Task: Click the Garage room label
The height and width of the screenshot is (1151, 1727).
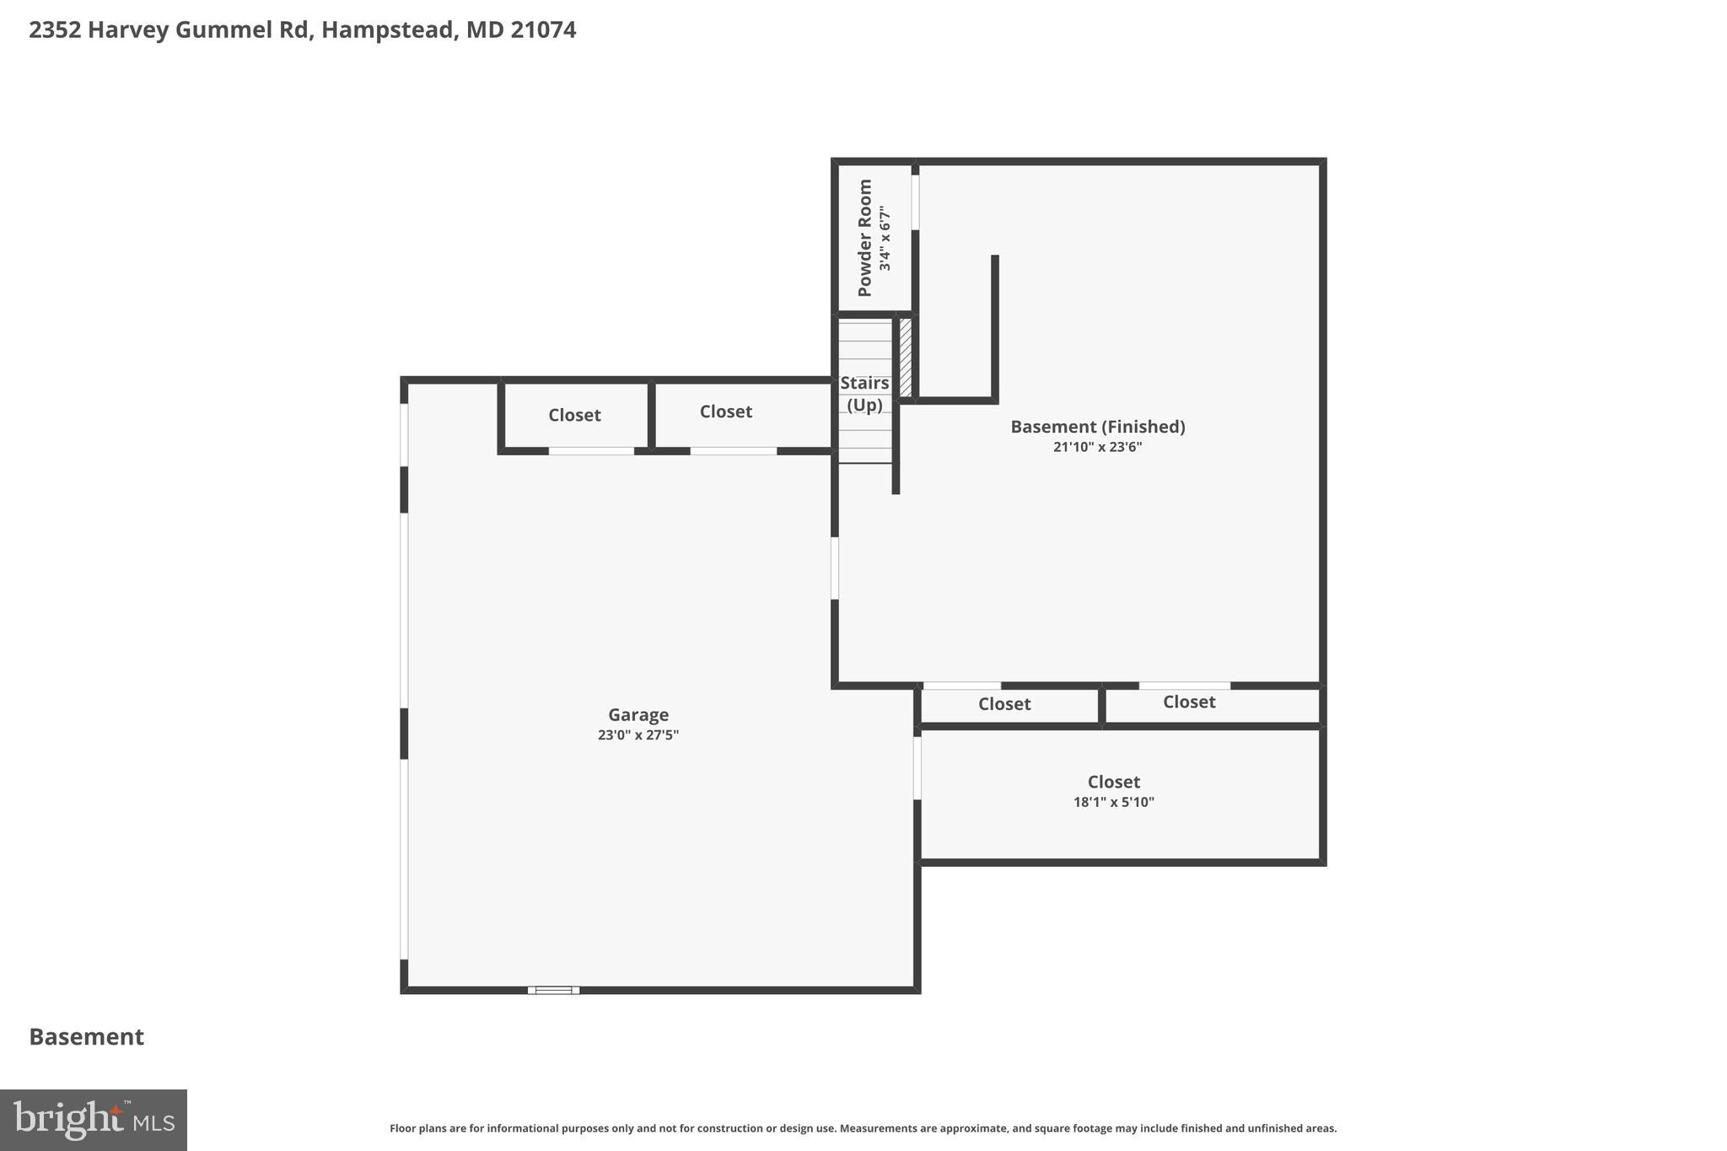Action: (x=638, y=715)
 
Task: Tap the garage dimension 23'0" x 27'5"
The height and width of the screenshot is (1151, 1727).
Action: (x=638, y=735)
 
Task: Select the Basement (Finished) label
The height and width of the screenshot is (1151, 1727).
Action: (x=1098, y=427)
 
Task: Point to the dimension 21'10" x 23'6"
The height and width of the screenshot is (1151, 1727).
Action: (x=1097, y=447)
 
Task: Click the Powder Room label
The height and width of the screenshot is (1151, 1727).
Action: (x=864, y=238)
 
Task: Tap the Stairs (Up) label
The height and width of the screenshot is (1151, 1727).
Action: (x=864, y=394)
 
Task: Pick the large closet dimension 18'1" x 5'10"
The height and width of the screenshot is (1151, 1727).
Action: (x=1113, y=802)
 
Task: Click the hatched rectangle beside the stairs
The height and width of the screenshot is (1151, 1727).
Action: (x=906, y=357)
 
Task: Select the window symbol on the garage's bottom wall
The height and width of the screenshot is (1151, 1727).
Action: (x=553, y=990)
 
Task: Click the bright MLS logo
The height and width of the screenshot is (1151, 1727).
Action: (x=94, y=1120)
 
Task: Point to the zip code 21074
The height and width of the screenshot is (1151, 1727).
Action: (x=543, y=30)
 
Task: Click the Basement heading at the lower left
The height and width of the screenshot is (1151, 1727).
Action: (x=87, y=1036)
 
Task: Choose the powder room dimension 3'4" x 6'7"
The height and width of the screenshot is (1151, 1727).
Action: (x=885, y=239)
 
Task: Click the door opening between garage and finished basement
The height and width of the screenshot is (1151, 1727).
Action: (x=835, y=568)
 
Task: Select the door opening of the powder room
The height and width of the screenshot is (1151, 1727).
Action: (x=916, y=202)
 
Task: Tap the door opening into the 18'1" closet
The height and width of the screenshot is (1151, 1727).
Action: (x=917, y=768)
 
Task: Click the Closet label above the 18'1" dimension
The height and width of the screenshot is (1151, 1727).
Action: (x=1113, y=782)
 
